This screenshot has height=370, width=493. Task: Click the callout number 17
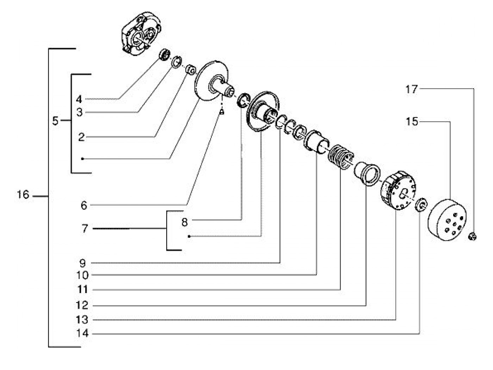pyautogui.click(x=411, y=89)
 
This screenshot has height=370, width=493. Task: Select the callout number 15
pyautogui.click(x=411, y=122)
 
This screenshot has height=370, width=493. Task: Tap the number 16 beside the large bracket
pyautogui.click(x=23, y=194)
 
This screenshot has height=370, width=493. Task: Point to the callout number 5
pyautogui.click(x=55, y=121)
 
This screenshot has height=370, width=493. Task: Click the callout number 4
pyautogui.click(x=79, y=99)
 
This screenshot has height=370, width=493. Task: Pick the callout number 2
pyautogui.click(x=81, y=137)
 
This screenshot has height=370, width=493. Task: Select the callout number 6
pyautogui.click(x=84, y=205)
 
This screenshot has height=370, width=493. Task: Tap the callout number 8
pyautogui.click(x=185, y=222)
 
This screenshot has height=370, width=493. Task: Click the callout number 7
pyautogui.click(x=85, y=229)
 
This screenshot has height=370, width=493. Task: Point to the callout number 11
pyautogui.click(x=82, y=290)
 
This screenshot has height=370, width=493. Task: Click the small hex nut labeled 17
pyautogui.click(x=473, y=237)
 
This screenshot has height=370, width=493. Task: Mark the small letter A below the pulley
pyautogui.click(x=222, y=112)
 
